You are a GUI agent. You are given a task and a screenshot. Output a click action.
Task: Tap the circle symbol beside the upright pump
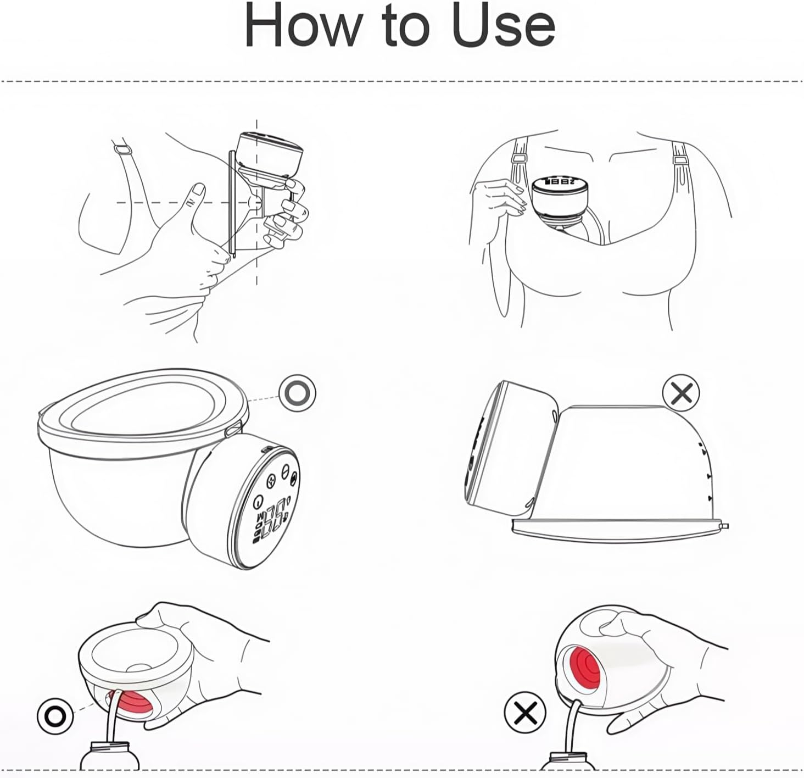[x=298, y=393]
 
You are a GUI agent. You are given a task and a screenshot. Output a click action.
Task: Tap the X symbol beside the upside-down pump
[x=681, y=393]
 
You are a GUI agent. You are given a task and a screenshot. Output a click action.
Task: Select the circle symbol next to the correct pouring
[x=55, y=715]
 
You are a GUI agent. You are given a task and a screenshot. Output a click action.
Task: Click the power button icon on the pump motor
[x=258, y=502]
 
